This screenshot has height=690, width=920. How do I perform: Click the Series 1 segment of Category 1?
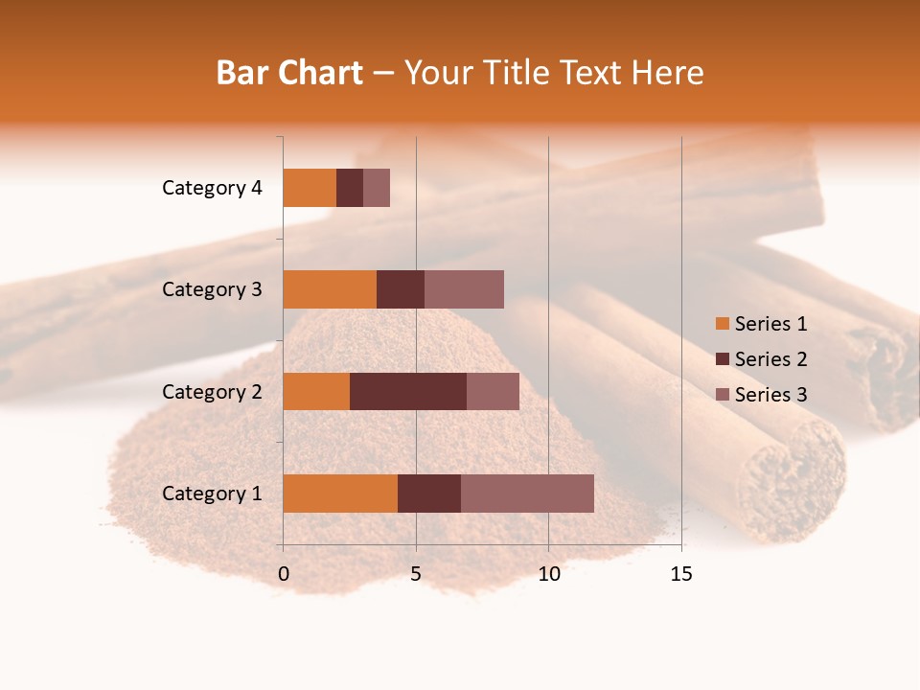[340, 493]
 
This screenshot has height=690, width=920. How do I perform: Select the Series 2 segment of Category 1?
[429, 493]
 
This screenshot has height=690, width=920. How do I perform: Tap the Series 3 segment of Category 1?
[527, 493]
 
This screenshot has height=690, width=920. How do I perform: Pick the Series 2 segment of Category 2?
[408, 391]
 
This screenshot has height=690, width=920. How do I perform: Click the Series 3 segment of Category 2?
[493, 391]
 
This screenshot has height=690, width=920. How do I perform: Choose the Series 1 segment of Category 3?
[330, 289]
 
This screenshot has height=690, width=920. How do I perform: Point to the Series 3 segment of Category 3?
[464, 289]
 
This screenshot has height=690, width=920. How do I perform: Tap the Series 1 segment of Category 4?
[310, 188]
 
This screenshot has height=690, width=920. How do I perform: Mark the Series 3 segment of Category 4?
[377, 188]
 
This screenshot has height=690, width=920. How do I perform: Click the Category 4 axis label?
[212, 188]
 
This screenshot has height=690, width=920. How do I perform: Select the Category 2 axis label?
[212, 391]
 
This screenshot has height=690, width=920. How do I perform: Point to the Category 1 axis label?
[212, 494]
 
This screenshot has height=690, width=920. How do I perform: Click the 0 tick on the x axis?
[284, 574]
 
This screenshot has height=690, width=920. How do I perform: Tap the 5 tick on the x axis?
[416, 574]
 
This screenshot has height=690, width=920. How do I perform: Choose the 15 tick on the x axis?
[681, 574]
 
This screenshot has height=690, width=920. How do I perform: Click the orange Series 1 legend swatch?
[723, 324]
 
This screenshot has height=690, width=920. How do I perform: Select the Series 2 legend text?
[770, 359]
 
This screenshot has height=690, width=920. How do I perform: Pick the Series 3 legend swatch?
[723, 395]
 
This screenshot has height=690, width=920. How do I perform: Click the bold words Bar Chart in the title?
[289, 73]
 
